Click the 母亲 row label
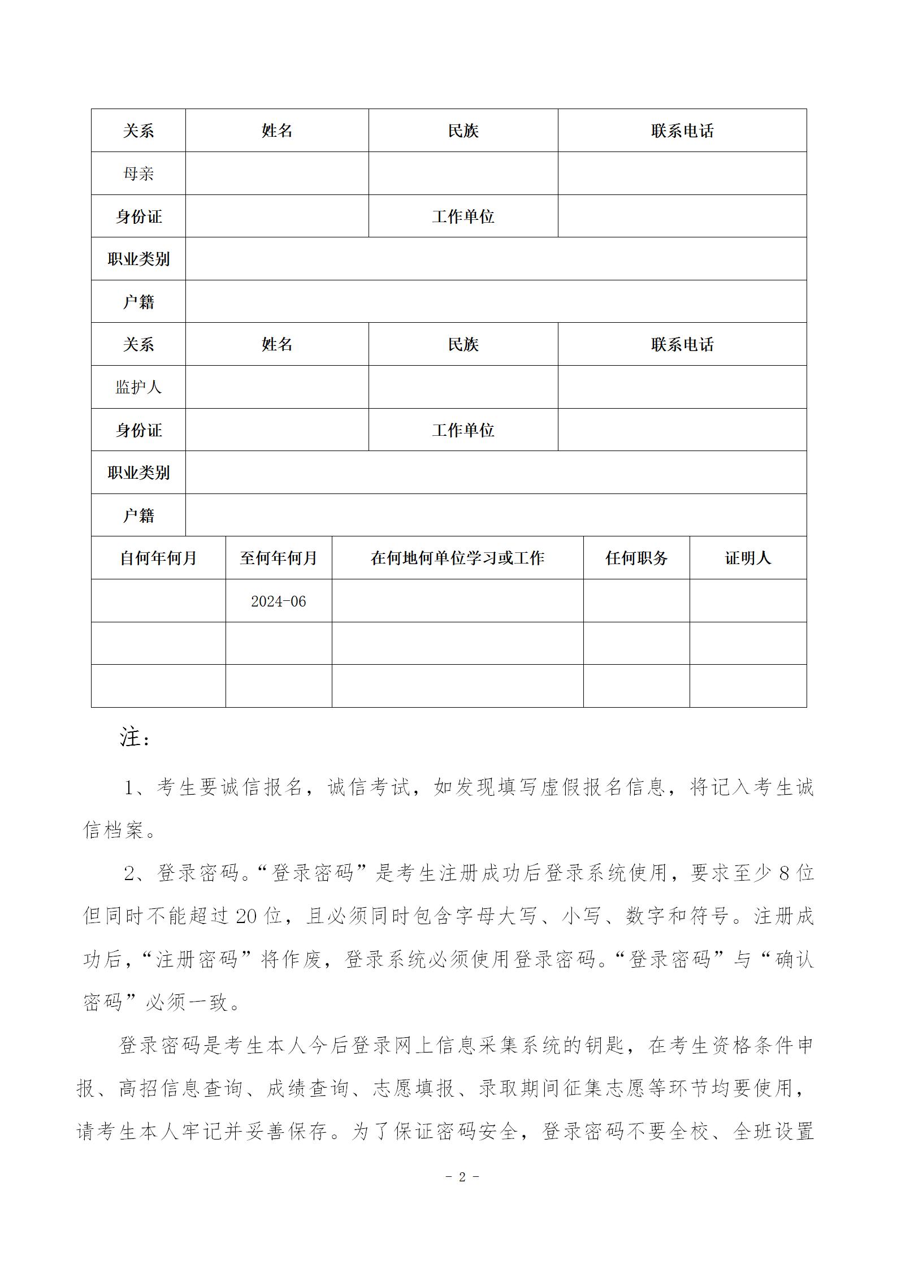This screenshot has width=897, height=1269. (x=138, y=174)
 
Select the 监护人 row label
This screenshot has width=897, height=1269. (x=138, y=387)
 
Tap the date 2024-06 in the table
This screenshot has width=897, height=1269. (x=278, y=601)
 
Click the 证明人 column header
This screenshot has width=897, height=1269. (x=748, y=558)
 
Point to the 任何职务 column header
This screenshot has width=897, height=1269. (x=636, y=558)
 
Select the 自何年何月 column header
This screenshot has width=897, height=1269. (x=158, y=558)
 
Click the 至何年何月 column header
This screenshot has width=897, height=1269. (x=278, y=558)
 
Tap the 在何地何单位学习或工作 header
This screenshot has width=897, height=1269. (x=457, y=558)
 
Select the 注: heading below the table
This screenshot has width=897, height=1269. (x=135, y=738)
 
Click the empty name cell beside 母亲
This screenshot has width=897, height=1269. (x=277, y=174)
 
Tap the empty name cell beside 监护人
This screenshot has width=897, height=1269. (x=277, y=387)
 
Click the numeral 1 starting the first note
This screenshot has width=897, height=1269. (x=129, y=788)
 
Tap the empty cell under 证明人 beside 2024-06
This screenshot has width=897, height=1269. (x=748, y=601)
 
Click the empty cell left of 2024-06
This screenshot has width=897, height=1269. (x=158, y=601)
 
